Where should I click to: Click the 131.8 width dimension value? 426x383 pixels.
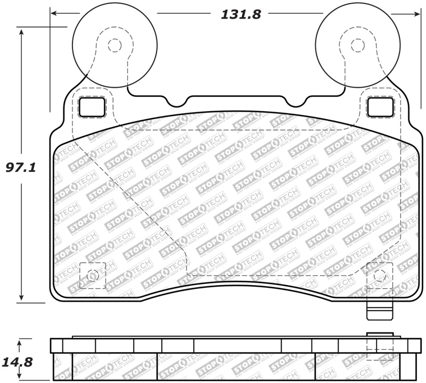[x=241, y=14]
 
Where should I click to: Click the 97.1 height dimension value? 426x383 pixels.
[x=20, y=168]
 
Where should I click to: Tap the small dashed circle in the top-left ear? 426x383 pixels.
[x=114, y=45]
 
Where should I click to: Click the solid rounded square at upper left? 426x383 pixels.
[x=93, y=107]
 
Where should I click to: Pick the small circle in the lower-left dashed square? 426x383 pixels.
[x=92, y=276]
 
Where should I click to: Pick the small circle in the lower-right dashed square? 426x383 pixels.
[x=379, y=276]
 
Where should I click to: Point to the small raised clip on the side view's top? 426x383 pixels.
[x=380, y=334]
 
